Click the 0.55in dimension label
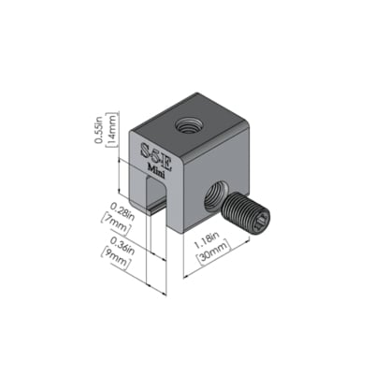[x=99, y=129]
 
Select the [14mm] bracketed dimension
[x=112, y=129]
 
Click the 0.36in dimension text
[x=122, y=245]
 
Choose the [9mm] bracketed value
[x=114, y=259]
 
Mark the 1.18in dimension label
[x=207, y=239]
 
